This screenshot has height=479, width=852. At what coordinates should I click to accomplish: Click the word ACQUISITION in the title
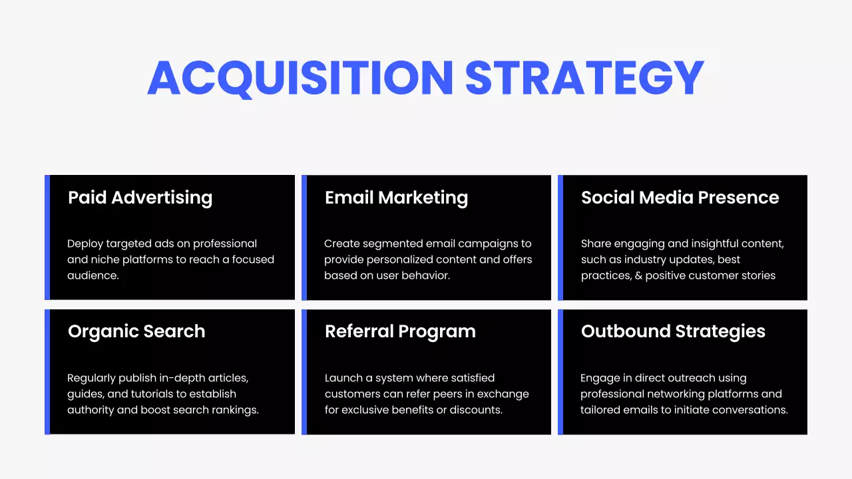(300, 78)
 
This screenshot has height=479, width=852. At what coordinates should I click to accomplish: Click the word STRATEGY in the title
(584, 78)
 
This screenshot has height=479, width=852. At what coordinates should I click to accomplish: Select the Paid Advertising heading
(140, 198)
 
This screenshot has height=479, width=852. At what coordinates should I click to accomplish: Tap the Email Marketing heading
(396, 198)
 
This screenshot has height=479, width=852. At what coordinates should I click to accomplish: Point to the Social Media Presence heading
(680, 198)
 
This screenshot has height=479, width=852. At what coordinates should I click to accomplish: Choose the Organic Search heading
(136, 331)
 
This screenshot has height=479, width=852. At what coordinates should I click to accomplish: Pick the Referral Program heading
(400, 331)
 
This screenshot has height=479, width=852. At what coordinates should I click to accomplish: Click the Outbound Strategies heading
(673, 331)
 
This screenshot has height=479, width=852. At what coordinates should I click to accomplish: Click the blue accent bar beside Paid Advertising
(47, 238)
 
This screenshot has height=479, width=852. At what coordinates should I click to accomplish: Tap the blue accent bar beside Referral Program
(304, 372)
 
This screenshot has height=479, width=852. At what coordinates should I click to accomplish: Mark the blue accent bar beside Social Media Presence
(560, 238)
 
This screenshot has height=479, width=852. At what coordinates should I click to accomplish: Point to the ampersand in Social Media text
(639, 275)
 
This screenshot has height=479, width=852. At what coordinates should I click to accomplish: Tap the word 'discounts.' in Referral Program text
(476, 410)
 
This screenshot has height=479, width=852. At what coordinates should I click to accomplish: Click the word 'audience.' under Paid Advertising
(93, 275)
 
